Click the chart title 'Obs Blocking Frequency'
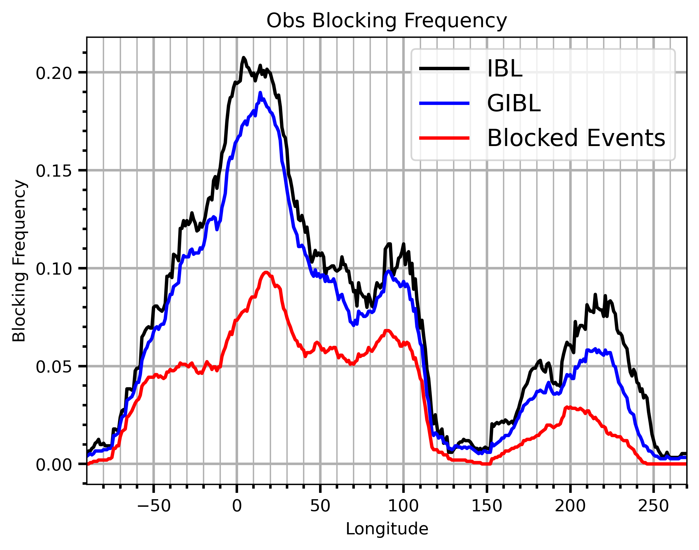click(x=387, y=21)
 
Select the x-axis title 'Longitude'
click(x=387, y=529)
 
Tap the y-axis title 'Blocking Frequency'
click(x=19, y=261)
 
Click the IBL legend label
click(x=505, y=69)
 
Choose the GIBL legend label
click(x=514, y=103)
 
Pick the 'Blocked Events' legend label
click(x=576, y=138)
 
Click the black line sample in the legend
click(x=444, y=68)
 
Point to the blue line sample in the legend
click(x=444, y=103)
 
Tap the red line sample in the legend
click(x=444, y=138)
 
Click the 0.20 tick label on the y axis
click(x=54, y=73)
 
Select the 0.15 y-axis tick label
click(x=54, y=171)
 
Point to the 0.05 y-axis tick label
click(x=54, y=367)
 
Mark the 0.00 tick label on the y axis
click(x=54, y=465)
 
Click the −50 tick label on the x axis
click(x=154, y=506)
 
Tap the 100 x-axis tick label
click(x=403, y=506)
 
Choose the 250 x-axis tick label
click(x=653, y=506)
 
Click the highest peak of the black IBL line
click(x=244, y=58)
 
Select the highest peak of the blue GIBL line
click(x=260, y=93)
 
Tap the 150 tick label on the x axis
click(x=487, y=506)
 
